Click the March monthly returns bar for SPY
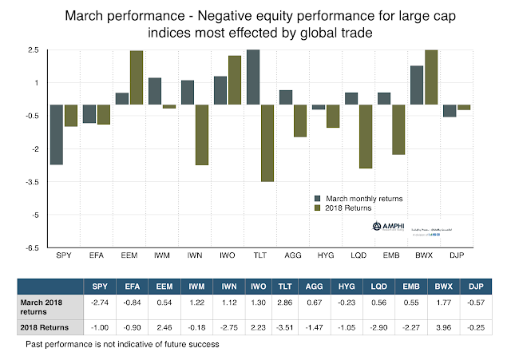[56, 134]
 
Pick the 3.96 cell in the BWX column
[429, 327]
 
